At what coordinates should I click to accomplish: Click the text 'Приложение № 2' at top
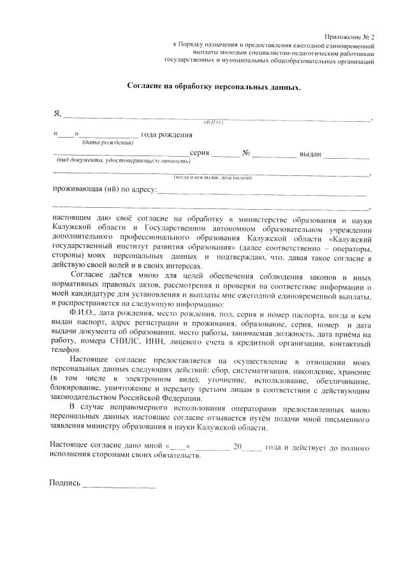(349, 38)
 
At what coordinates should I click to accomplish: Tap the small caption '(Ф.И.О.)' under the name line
(212, 122)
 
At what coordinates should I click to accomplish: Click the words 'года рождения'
(166, 134)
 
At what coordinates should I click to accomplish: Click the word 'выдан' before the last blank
(310, 154)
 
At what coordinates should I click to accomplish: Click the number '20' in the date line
(237, 447)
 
